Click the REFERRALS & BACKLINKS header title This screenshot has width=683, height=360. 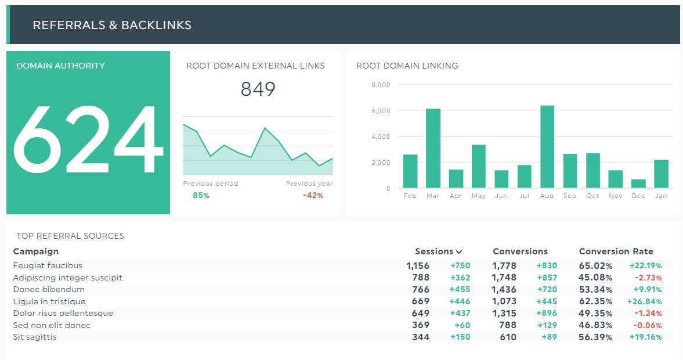point(112,25)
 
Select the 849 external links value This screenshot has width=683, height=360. point(258,89)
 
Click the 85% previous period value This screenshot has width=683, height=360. point(201,196)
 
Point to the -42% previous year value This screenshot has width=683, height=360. point(313,196)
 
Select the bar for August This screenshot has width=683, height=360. point(547,147)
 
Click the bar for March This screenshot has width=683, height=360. point(433,149)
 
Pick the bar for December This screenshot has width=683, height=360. point(638,183)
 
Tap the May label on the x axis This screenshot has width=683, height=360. point(478,196)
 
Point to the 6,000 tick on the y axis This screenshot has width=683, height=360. point(381,111)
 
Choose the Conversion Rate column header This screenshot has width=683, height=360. point(616,251)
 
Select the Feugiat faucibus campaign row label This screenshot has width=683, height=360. point(48,265)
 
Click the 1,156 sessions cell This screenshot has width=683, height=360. point(418,266)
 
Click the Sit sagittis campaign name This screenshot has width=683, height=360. point(35,337)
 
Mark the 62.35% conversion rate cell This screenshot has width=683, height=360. point(595,301)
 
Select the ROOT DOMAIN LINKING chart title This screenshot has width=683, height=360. point(407,66)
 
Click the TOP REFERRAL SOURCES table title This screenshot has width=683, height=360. point(70,236)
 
